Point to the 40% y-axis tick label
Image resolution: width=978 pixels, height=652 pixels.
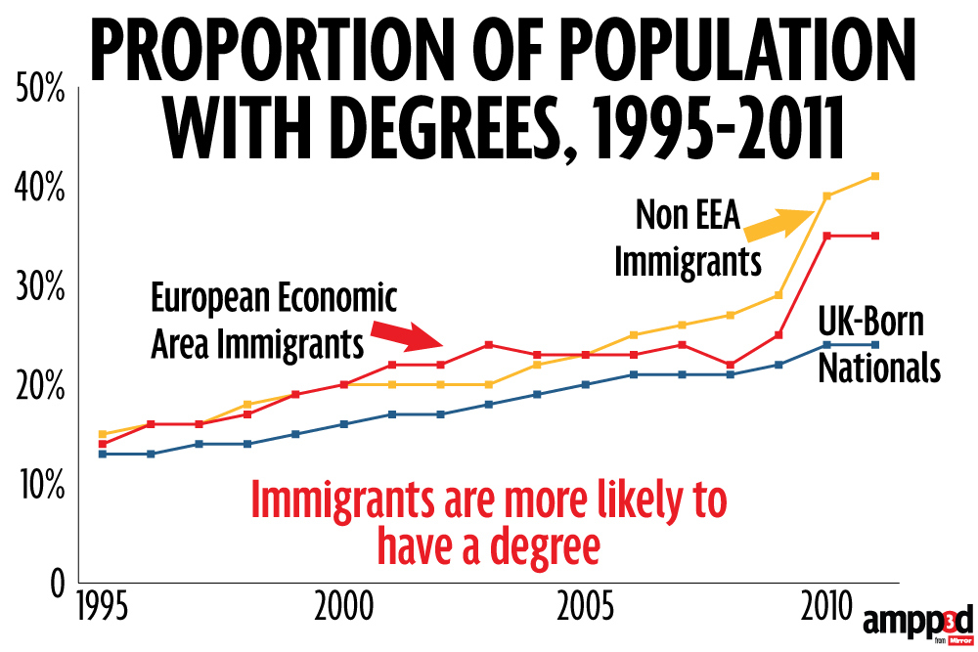point(40,190)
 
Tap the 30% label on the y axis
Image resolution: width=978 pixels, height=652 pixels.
point(40,288)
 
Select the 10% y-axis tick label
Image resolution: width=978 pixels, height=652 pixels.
point(40,485)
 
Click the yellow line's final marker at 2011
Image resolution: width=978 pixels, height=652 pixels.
point(875,176)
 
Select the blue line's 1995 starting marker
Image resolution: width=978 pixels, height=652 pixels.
point(102,454)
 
